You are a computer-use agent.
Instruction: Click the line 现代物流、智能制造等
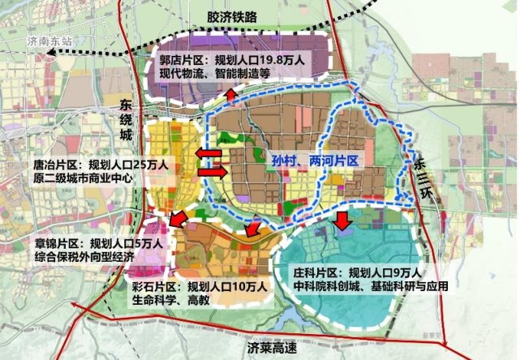224,75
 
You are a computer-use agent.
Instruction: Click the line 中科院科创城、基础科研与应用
379,287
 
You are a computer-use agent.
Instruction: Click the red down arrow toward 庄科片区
343,217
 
